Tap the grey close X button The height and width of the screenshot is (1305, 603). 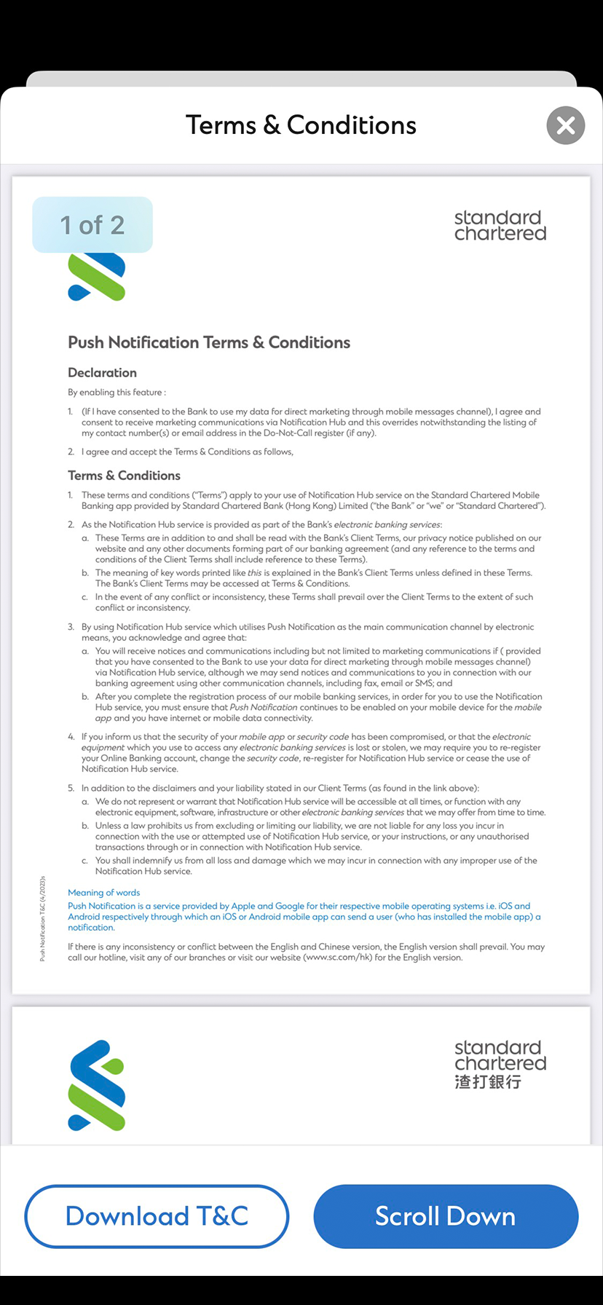tap(566, 125)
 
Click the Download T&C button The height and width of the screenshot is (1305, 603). tap(157, 1215)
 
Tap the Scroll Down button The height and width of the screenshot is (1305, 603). tap(446, 1215)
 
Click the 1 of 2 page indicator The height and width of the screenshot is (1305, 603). tap(92, 225)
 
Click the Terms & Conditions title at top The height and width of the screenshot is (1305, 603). tap(301, 125)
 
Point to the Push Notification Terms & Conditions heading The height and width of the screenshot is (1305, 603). tap(209, 342)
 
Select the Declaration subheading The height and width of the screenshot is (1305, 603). tap(102, 373)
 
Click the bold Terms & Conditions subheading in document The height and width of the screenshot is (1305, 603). tap(124, 476)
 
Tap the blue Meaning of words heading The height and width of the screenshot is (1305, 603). tap(103, 892)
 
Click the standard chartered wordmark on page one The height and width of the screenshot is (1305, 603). tap(500, 226)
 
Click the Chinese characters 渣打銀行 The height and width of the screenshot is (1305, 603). tap(488, 1082)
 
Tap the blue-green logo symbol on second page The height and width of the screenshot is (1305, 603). tap(97, 1085)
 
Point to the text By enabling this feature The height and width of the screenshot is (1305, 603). tap(117, 393)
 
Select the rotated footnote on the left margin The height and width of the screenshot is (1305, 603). tap(43, 918)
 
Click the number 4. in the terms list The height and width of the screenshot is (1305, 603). tap(71, 737)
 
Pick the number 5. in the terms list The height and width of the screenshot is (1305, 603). tap(71, 788)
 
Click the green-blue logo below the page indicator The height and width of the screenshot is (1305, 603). tap(97, 277)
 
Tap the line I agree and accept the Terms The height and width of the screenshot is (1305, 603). tap(187, 452)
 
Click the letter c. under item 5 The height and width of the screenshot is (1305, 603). tap(85, 861)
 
